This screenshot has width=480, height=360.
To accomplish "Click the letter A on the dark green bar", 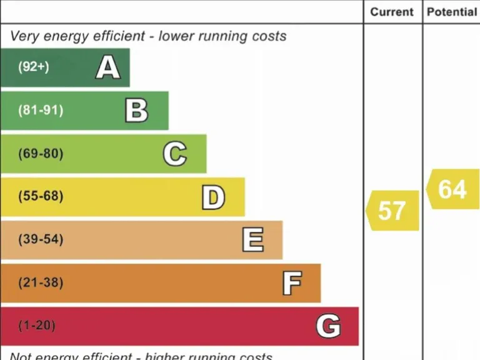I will (107, 67).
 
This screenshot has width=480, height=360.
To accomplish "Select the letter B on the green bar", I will (136, 111).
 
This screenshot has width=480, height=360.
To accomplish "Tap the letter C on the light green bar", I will (175, 154).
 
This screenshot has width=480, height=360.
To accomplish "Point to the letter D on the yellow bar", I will (213, 197).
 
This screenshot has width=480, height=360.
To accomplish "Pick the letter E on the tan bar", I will (253, 240).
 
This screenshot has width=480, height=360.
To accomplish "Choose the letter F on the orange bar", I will (292, 283).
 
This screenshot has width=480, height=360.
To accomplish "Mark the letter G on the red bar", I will (328, 326).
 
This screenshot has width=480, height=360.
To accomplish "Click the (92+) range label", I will (33, 67).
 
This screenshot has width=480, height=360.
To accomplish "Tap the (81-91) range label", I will (41, 111).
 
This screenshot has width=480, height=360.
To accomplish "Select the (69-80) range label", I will (41, 154).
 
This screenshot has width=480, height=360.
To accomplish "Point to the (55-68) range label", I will (41, 196).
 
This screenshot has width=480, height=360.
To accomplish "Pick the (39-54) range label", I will (41, 239).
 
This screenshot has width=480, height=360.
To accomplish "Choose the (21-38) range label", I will (41, 282).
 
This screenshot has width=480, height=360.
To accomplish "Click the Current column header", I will (392, 12).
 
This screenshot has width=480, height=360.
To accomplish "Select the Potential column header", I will (451, 12).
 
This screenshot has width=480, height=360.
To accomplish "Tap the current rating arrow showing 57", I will (392, 211).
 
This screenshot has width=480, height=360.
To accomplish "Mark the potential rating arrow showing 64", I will (452, 189).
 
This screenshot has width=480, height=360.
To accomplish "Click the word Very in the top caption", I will (24, 36).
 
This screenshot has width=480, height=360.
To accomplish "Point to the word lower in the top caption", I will (177, 36).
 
